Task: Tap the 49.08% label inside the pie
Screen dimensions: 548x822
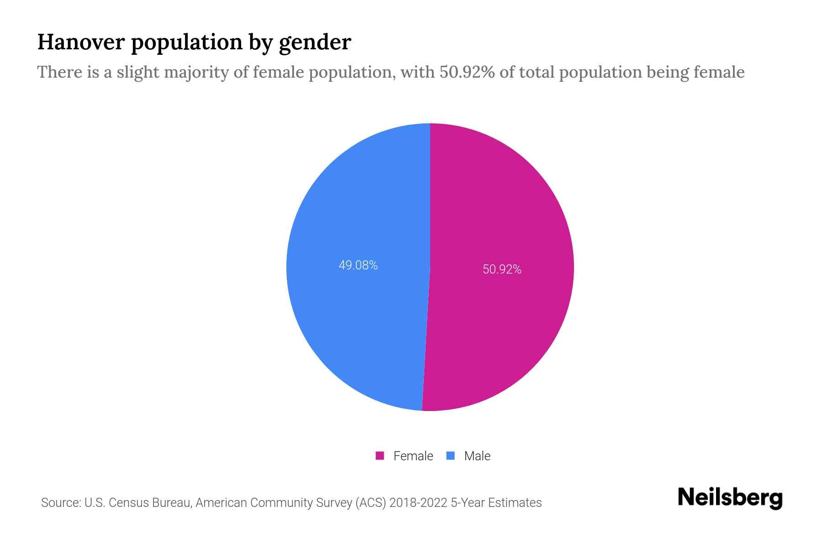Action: pyautogui.click(x=358, y=265)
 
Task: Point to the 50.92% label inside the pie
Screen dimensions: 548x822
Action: pyautogui.click(x=502, y=269)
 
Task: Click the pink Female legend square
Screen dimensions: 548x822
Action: pyautogui.click(x=379, y=456)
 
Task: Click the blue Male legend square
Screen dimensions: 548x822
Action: pyautogui.click(x=451, y=456)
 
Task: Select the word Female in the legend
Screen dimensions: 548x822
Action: pyautogui.click(x=413, y=456)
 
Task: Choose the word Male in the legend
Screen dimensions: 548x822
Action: pyautogui.click(x=477, y=456)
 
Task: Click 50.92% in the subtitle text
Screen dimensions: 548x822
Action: pyautogui.click(x=467, y=72)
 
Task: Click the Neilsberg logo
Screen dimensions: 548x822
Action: pyautogui.click(x=730, y=498)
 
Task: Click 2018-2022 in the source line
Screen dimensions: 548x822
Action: pyautogui.click(x=418, y=503)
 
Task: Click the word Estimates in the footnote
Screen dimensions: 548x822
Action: pyautogui.click(x=515, y=503)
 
